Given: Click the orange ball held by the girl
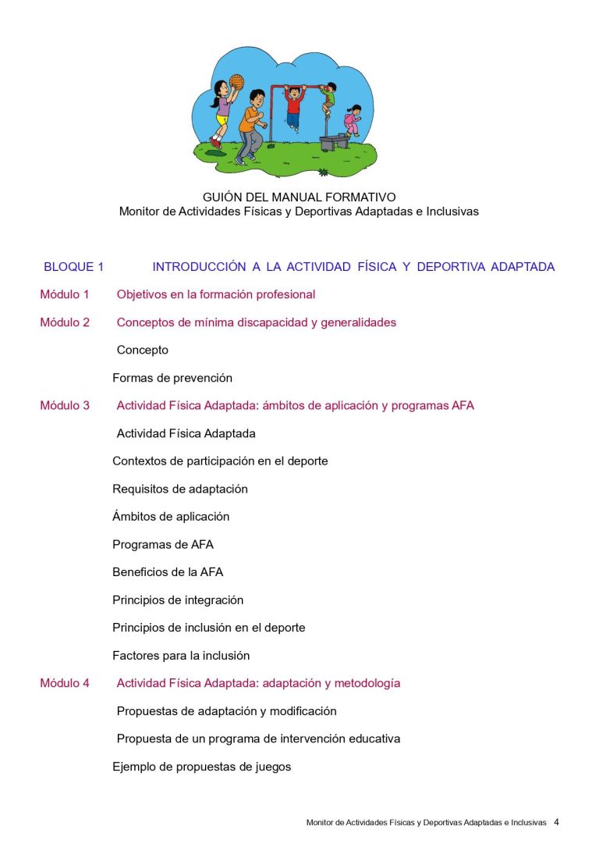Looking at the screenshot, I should [236, 81].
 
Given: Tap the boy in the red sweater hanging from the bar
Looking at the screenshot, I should [293, 105].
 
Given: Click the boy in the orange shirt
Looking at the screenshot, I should [250, 125].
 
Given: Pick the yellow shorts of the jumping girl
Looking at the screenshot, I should [223, 120].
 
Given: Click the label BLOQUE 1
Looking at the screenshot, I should [73, 267].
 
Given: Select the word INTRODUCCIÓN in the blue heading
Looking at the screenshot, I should [199, 267].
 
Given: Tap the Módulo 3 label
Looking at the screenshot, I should [65, 406].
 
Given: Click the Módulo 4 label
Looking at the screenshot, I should [65, 684].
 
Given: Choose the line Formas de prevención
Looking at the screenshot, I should [172, 378].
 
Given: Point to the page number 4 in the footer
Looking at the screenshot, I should [556, 822].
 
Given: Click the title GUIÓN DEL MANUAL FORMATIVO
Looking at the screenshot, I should [299, 198].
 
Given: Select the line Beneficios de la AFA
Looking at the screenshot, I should [168, 572].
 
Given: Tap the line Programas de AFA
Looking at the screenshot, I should [163, 545].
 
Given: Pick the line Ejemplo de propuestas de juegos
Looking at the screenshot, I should [202, 767].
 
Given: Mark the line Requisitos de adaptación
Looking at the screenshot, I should [180, 489].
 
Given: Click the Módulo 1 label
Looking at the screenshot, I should [65, 295].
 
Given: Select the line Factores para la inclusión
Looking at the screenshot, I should [181, 656].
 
